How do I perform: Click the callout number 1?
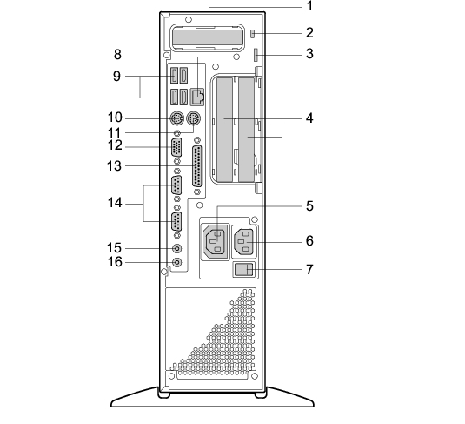click(x=309, y=6)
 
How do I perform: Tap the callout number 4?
click(x=309, y=118)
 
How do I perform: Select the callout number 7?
click(x=309, y=270)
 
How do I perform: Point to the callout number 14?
click(x=115, y=203)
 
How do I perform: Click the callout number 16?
click(x=115, y=262)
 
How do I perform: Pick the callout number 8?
click(x=117, y=55)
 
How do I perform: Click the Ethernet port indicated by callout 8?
click(x=196, y=97)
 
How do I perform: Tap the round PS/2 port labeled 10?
click(x=176, y=119)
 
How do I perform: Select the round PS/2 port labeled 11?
click(x=193, y=119)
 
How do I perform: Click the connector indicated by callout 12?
click(x=176, y=147)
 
